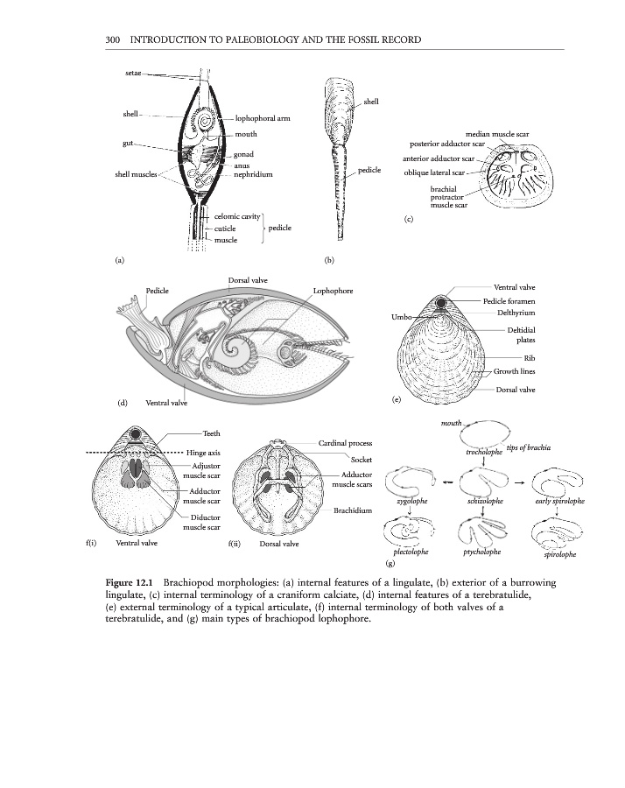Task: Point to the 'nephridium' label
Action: [x=254, y=175]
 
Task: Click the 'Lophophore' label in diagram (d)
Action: [x=333, y=290]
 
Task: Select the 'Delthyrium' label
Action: [x=516, y=312]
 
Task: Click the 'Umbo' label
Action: [x=404, y=316]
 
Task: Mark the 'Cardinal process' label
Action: [x=346, y=444]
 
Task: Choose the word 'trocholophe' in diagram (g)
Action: [x=483, y=453]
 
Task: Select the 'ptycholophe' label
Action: [x=482, y=553]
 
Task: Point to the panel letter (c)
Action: [x=408, y=220]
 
